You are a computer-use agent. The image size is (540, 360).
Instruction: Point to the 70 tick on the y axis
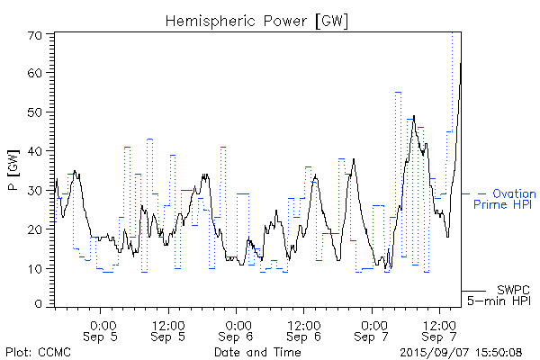point(37,34)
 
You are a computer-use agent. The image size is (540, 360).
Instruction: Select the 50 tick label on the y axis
point(37,112)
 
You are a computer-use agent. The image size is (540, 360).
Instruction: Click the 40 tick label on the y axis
point(37,151)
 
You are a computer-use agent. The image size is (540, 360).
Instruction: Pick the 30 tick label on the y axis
point(37,191)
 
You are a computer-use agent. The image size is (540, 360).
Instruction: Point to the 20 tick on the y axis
point(37,229)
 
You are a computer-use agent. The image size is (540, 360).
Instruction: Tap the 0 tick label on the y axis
point(40,305)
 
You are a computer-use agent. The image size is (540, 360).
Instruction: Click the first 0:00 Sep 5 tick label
point(102,330)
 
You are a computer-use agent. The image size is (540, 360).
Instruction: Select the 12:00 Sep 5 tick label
point(169,330)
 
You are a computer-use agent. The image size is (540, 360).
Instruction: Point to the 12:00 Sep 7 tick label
point(438,330)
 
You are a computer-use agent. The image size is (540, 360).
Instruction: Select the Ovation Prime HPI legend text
point(504,199)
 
